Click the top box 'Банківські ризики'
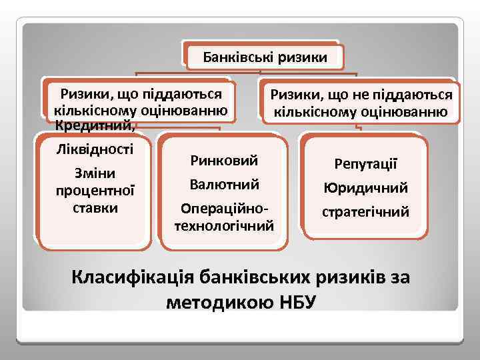(265, 57)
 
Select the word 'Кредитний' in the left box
(95, 126)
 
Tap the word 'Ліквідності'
(95, 148)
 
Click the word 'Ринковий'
(224, 161)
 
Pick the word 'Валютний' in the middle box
(224, 184)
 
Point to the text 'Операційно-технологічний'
(224, 217)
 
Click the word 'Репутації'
(365, 164)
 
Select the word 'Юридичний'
(365, 188)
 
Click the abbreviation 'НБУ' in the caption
(290, 302)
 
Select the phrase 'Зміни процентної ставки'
(95, 190)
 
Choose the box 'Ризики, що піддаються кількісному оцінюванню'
(141, 102)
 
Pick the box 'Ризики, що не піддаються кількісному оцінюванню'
(361, 103)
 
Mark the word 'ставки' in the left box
(95, 207)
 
